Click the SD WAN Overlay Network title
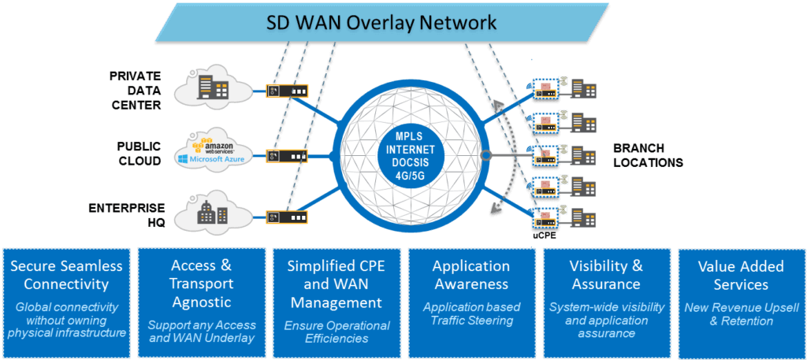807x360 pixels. tap(381, 23)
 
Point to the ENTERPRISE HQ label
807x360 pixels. tap(127, 216)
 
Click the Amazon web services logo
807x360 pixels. tap(213, 146)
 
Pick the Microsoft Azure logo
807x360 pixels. tap(210, 160)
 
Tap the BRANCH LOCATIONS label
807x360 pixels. tap(648, 155)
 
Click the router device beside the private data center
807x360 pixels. tap(287, 91)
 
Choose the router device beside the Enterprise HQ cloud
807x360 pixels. tap(287, 217)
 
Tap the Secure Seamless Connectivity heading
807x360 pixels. tap(67, 275)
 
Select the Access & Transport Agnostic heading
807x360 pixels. tap(201, 284)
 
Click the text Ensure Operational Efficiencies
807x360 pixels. tap(337, 332)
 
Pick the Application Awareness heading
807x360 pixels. tap(471, 275)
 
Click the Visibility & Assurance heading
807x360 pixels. tap(606, 275)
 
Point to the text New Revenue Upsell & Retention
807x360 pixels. tap(741, 314)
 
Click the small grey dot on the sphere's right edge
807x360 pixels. tap(484, 155)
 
